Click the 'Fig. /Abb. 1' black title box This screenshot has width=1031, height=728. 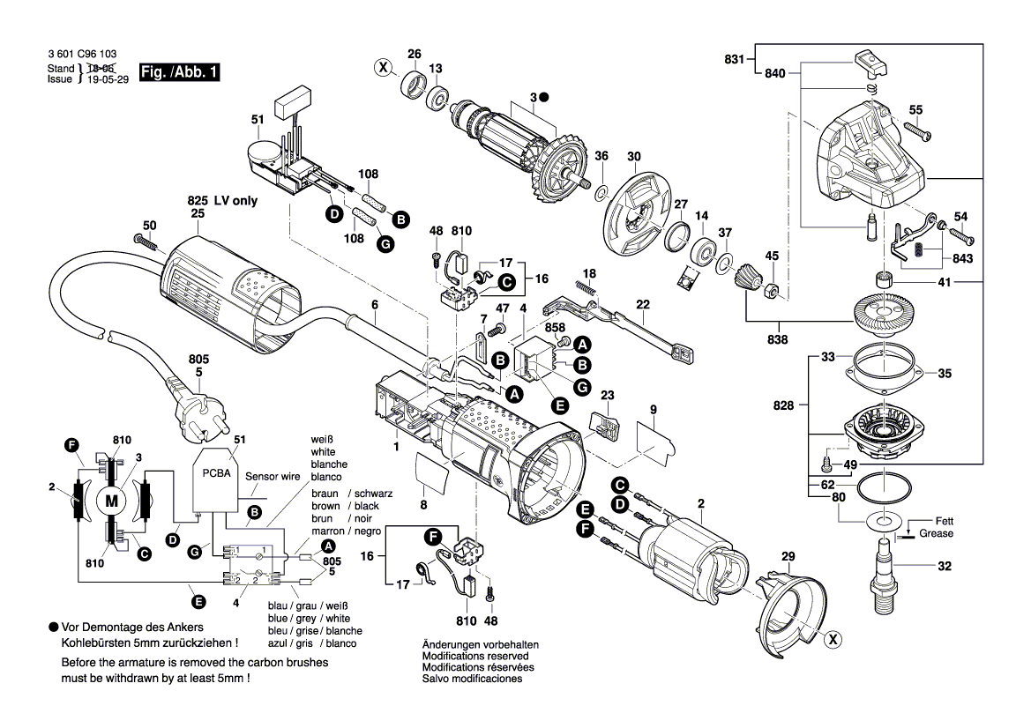click(x=179, y=73)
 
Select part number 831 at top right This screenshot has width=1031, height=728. click(x=734, y=60)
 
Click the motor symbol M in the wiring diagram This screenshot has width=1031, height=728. click(x=111, y=501)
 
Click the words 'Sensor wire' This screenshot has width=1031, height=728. click(x=273, y=475)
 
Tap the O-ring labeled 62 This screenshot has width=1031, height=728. click(x=885, y=487)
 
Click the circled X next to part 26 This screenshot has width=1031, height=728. click(x=383, y=67)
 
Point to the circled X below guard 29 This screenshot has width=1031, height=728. click(x=831, y=641)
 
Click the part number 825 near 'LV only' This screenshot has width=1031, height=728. click(x=196, y=201)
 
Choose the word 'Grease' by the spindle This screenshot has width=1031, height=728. click(x=936, y=533)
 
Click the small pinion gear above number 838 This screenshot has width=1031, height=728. click(x=745, y=283)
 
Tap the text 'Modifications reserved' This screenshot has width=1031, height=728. click(x=475, y=656)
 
